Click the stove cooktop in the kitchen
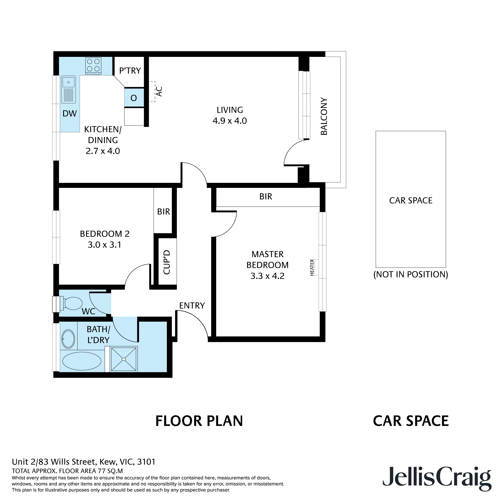(x=93, y=66)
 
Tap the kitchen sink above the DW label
(x=68, y=89)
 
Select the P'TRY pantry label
(x=130, y=71)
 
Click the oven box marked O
(x=134, y=98)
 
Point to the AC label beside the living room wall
(x=159, y=91)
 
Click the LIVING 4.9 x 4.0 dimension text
(x=230, y=120)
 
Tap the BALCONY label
(x=324, y=116)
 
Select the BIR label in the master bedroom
(x=266, y=197)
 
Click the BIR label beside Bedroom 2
(x=164, y=212)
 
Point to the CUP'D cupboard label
(x=167, y=262)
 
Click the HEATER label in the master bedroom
(x=312, y=267)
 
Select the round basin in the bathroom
(x=68, y=339)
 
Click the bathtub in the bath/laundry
(x=82, y=361)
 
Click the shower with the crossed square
(x=124, y=359)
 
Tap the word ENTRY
(x=192, y=305)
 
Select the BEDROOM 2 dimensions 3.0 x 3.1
(x=104, y=244)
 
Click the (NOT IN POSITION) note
(x=411, y=274)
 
